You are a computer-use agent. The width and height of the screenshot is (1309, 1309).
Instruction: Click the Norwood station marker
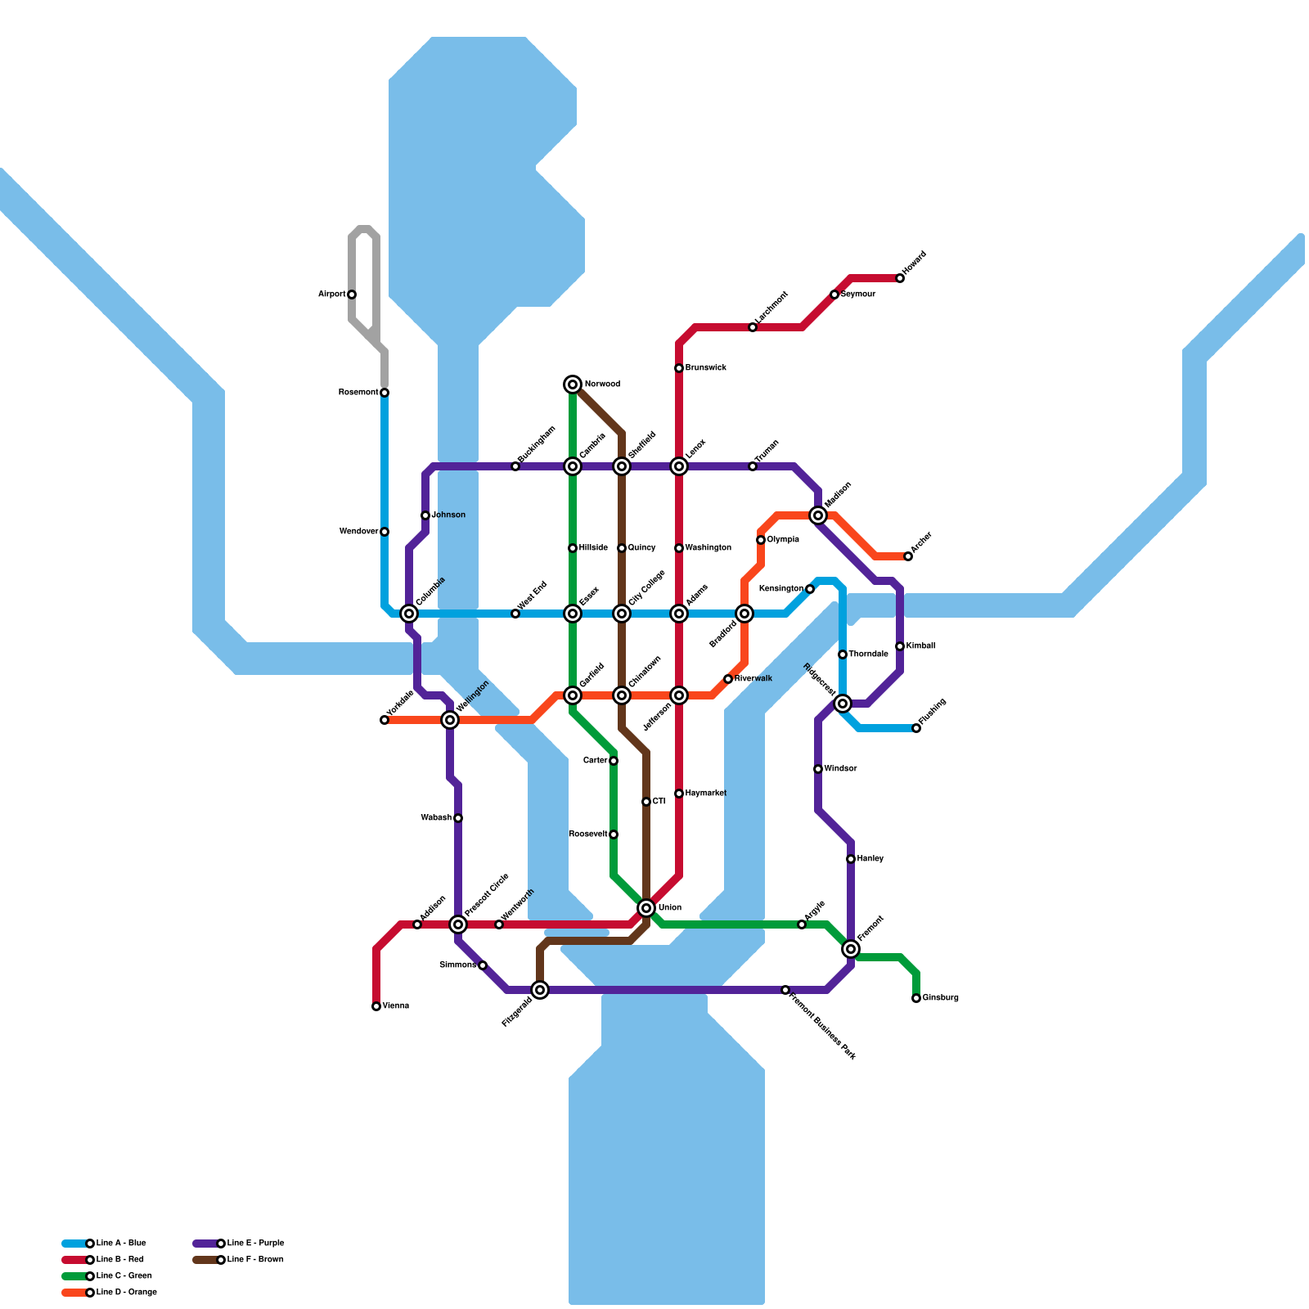pyautogui.click(x=573, y=385)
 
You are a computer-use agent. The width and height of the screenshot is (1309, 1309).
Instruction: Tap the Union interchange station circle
pyautogui.click(x=646, y=908)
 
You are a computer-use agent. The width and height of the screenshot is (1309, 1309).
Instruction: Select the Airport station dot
pyautogui.click(x=352, y=295)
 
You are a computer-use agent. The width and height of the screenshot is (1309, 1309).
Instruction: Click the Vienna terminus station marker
pyautogui.click(x=376, y=1006)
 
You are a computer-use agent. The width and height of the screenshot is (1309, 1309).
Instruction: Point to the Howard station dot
pyautogui.click(x=900, y=278)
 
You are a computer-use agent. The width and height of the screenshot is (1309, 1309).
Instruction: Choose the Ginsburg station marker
pyautogui.click(x=916, y=998)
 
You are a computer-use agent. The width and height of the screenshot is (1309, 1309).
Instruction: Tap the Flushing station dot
pyautogui.click(x=916, y=728)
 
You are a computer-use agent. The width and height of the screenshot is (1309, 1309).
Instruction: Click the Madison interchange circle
pyautogui.click(x=818, y=515)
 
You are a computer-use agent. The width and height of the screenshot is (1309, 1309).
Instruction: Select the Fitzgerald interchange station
pyautogui.click(x=540, y=990)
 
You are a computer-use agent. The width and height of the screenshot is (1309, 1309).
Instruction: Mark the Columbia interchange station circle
pyautogui.click(x=409, y=614)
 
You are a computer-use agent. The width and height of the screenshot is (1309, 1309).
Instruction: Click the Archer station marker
pyautogui.click(x=908, y=556)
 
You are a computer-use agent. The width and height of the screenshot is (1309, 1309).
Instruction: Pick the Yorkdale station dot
pyautogui.click(x=385, y=720)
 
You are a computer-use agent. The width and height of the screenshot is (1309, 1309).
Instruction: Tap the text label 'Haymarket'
pyautogui.click(x=705, y=794)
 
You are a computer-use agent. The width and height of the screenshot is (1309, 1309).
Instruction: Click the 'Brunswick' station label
pyautogui.click(x=705, y=368)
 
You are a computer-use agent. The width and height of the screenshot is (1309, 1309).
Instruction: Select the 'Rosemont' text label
pyautogui.click(x=358, y=393)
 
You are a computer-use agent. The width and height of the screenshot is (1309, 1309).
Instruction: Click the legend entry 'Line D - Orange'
pyautogui.click(x=126, y=1293)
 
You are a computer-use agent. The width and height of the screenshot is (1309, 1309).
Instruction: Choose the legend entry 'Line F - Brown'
pyautogui.click(x=255, y=1260)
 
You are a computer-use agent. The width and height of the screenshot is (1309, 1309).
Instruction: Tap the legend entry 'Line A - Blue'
pyautogui.click(x=120, y=1244)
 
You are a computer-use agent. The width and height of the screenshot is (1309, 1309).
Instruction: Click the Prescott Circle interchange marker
pyautogui.click(x=458, y=924)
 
